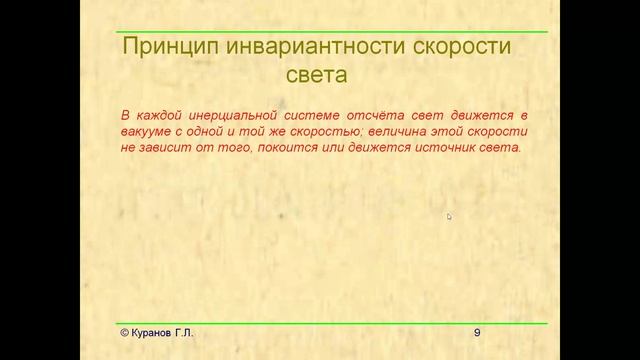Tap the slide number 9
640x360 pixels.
tap(477, 332)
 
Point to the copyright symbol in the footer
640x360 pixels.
tap(113, 332)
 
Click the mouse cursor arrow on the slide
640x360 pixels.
tap(449, 216)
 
